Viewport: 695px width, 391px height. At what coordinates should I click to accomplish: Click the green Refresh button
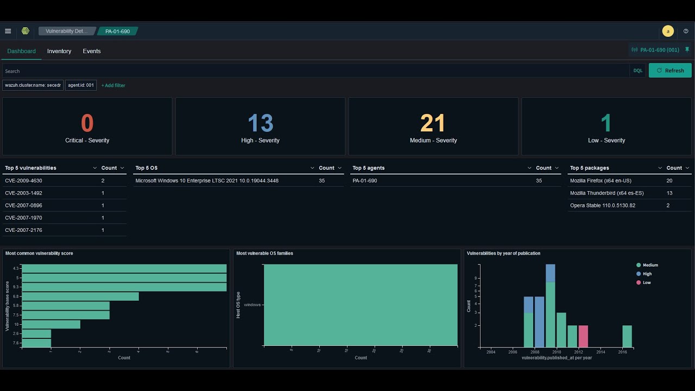(670, 71)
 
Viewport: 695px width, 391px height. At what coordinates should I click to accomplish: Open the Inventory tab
(59, 51)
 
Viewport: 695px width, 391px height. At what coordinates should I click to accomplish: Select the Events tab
(92, 51)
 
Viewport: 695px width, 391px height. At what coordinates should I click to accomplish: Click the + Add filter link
(113, 85)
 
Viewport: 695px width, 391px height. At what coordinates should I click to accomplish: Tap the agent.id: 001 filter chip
(81, 85)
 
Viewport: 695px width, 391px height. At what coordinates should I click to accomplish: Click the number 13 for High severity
(260, 124)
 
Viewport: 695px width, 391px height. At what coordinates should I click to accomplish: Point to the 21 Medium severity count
(433, 124)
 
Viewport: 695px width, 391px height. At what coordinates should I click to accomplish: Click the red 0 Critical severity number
(87, 124)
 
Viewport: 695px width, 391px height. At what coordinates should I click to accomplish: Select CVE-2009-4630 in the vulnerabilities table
(23, 180)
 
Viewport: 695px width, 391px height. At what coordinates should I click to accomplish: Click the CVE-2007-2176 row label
(23, 230)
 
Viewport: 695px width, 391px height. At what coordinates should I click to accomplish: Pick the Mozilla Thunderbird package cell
(607, 193)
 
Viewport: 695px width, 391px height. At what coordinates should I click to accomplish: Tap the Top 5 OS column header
(147, 168)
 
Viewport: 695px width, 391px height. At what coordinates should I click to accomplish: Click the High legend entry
(647, 274)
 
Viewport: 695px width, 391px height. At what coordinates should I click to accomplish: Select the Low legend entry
(646, 282)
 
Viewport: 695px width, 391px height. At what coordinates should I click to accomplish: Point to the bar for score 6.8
(80, 297)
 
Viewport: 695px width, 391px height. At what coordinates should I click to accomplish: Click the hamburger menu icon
(8, 31)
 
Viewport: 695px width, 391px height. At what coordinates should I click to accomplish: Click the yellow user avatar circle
(668, 31)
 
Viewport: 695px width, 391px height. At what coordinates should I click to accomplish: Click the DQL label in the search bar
(638, 71)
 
